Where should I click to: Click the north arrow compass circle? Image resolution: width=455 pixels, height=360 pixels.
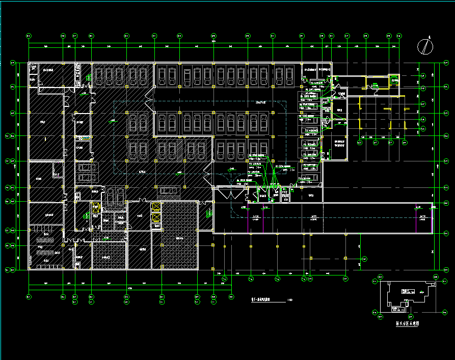pyautogui.click(x=425, y=47)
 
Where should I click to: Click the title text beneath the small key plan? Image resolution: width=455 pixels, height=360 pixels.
pyautogui.click(x=407, y=323)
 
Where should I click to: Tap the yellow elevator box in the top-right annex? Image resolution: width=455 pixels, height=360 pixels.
pyautogui.click(x=394, y=80)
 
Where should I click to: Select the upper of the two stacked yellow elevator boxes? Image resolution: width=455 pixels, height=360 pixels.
pyautogui.click(x=156, y=207)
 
